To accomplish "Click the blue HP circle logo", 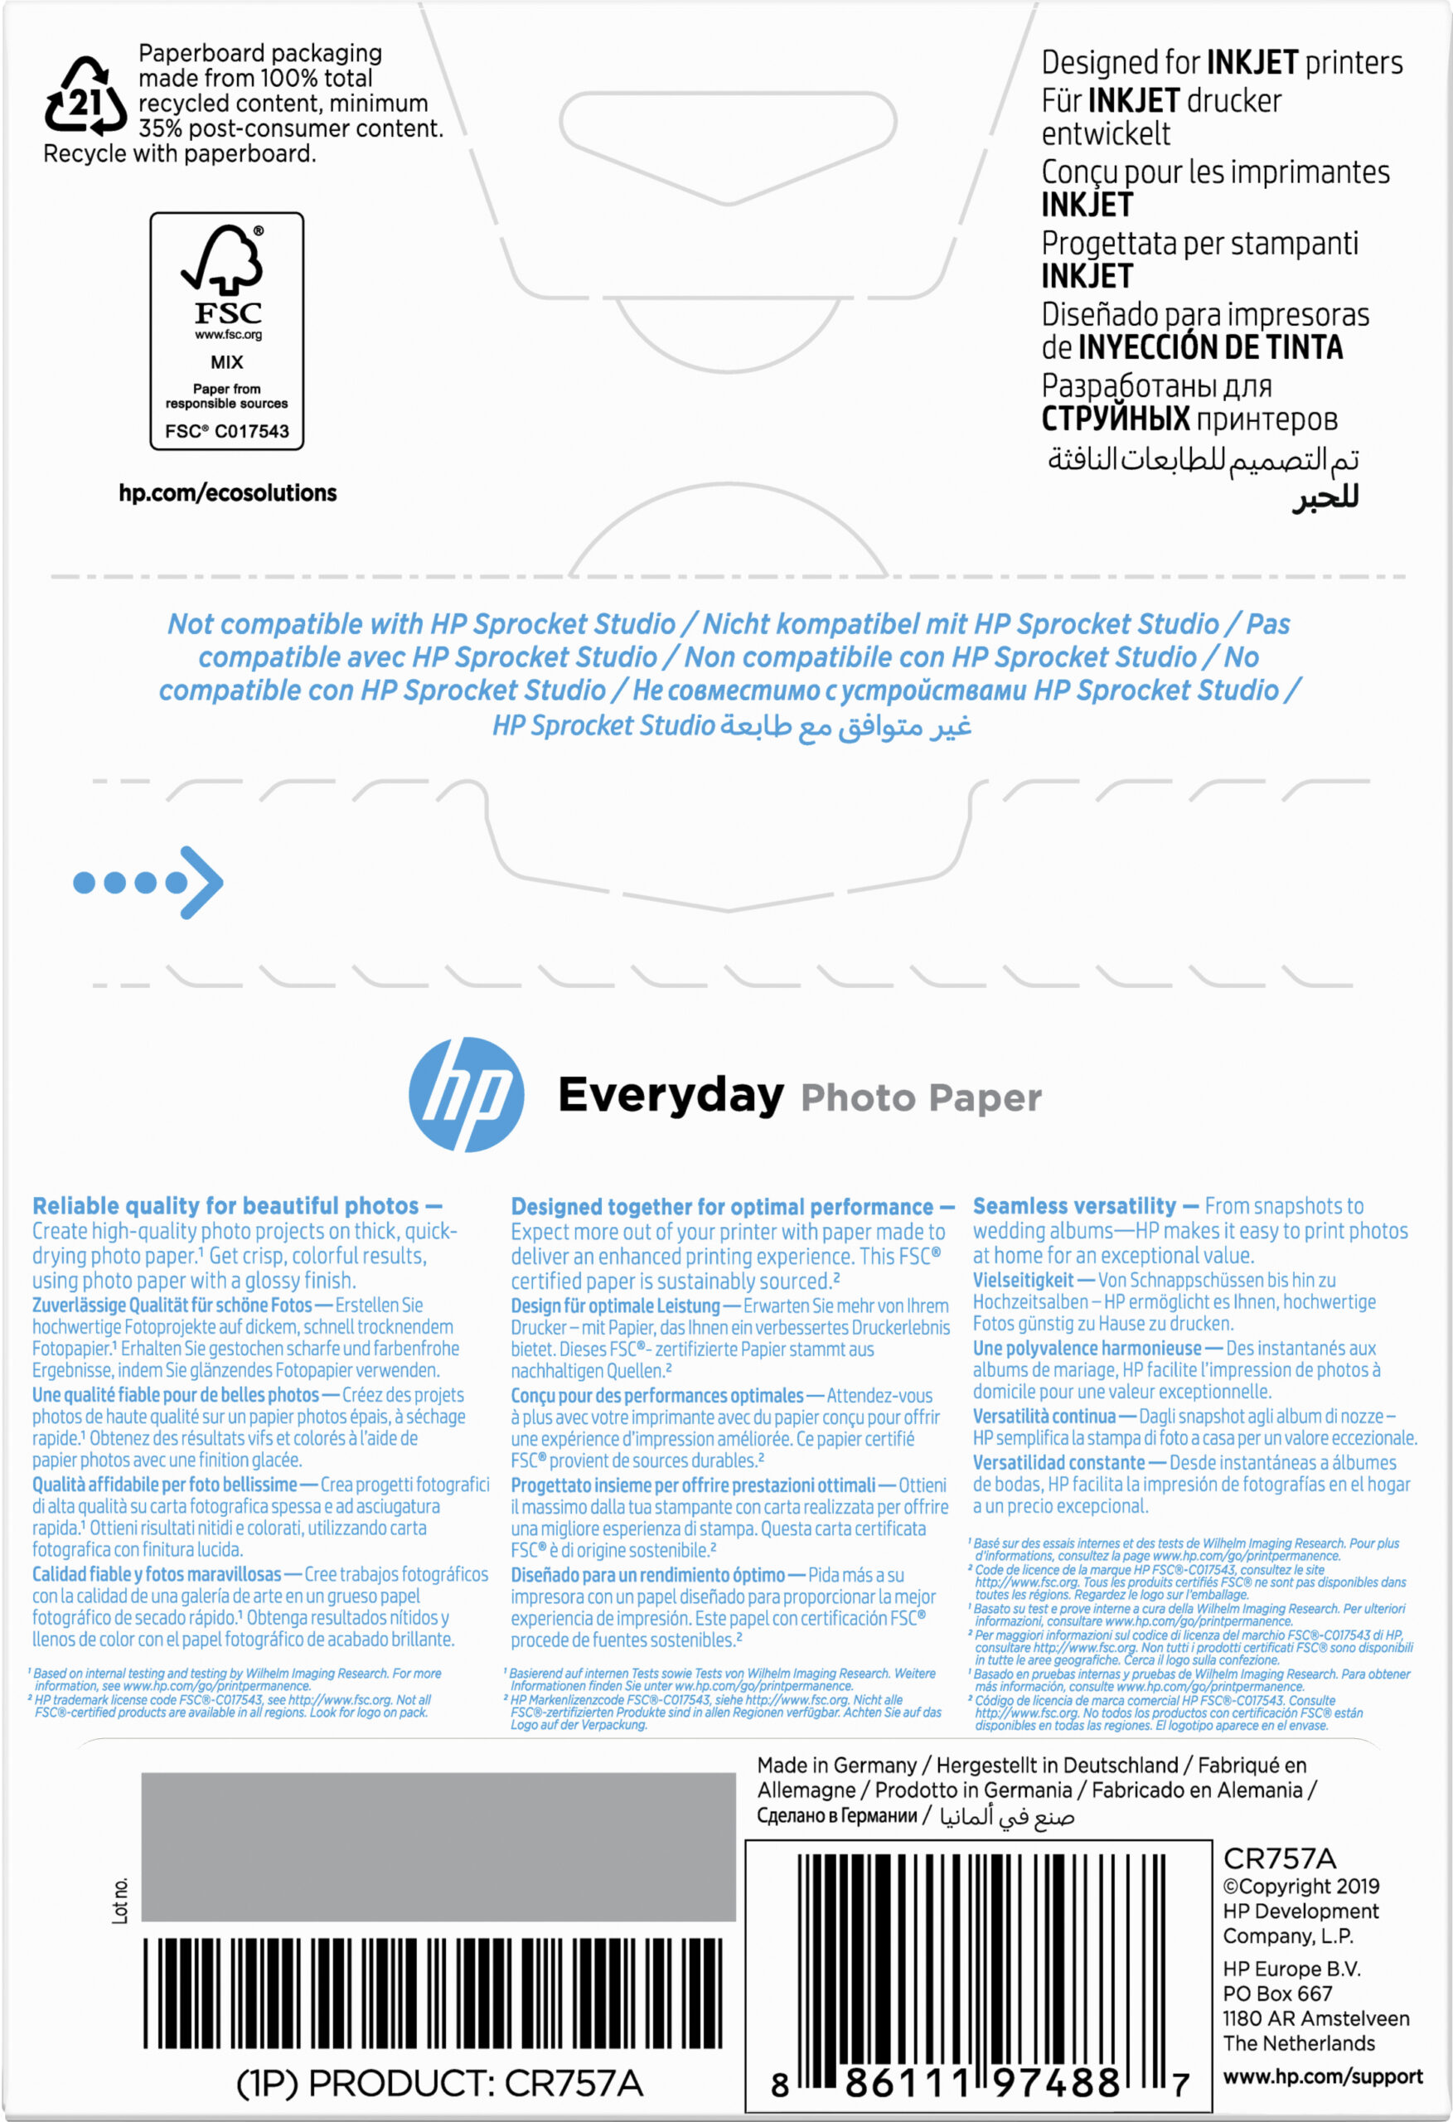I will (x=466, y=1094).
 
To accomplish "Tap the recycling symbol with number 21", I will (x=85, y=98).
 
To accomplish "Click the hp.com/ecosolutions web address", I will (x=227, y=493).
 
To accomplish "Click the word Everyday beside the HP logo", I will (x=671, y=1095).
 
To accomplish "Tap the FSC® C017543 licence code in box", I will (x=226, y=431).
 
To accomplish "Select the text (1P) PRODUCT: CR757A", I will (x=439, y=2085).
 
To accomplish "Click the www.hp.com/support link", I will (x=1322, y=2076).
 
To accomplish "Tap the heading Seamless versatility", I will (x=1074, y=1206).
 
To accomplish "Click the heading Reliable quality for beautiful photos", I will (x=225, y=1206).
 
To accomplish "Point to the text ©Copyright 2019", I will (x=1300, y=1886).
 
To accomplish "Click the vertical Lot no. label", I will (x=120, y=1900).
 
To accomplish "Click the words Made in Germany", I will (x=836, y=1765).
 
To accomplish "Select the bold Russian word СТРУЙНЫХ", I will (x=1115, y=419).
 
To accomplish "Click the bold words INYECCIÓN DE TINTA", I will (x=1210, y=348).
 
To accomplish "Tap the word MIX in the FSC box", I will (x=226, y=362).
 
